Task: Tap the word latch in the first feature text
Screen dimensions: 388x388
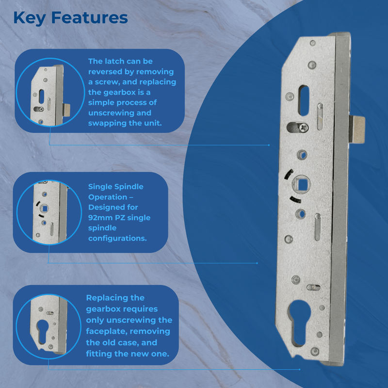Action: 112,62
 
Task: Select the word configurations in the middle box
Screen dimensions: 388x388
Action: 117,238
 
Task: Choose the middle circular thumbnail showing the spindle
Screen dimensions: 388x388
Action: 48,212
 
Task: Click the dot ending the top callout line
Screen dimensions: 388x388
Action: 269,145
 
